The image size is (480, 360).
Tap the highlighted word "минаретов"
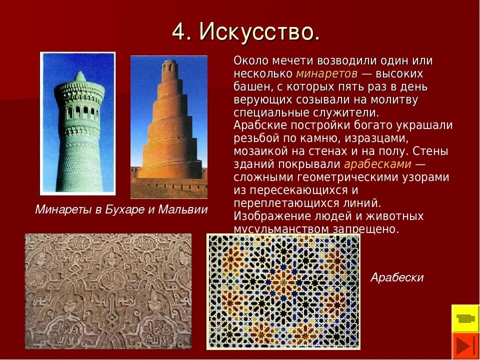click(326, 74)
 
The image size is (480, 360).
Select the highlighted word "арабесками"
click(377, 164)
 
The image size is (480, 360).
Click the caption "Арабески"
click(396, 277)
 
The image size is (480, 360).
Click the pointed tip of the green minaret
click(79, 75)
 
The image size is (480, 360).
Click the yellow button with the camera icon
click(465, 318)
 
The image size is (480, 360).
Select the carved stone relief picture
click(108, 291)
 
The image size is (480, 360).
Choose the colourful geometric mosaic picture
click(283, 291)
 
